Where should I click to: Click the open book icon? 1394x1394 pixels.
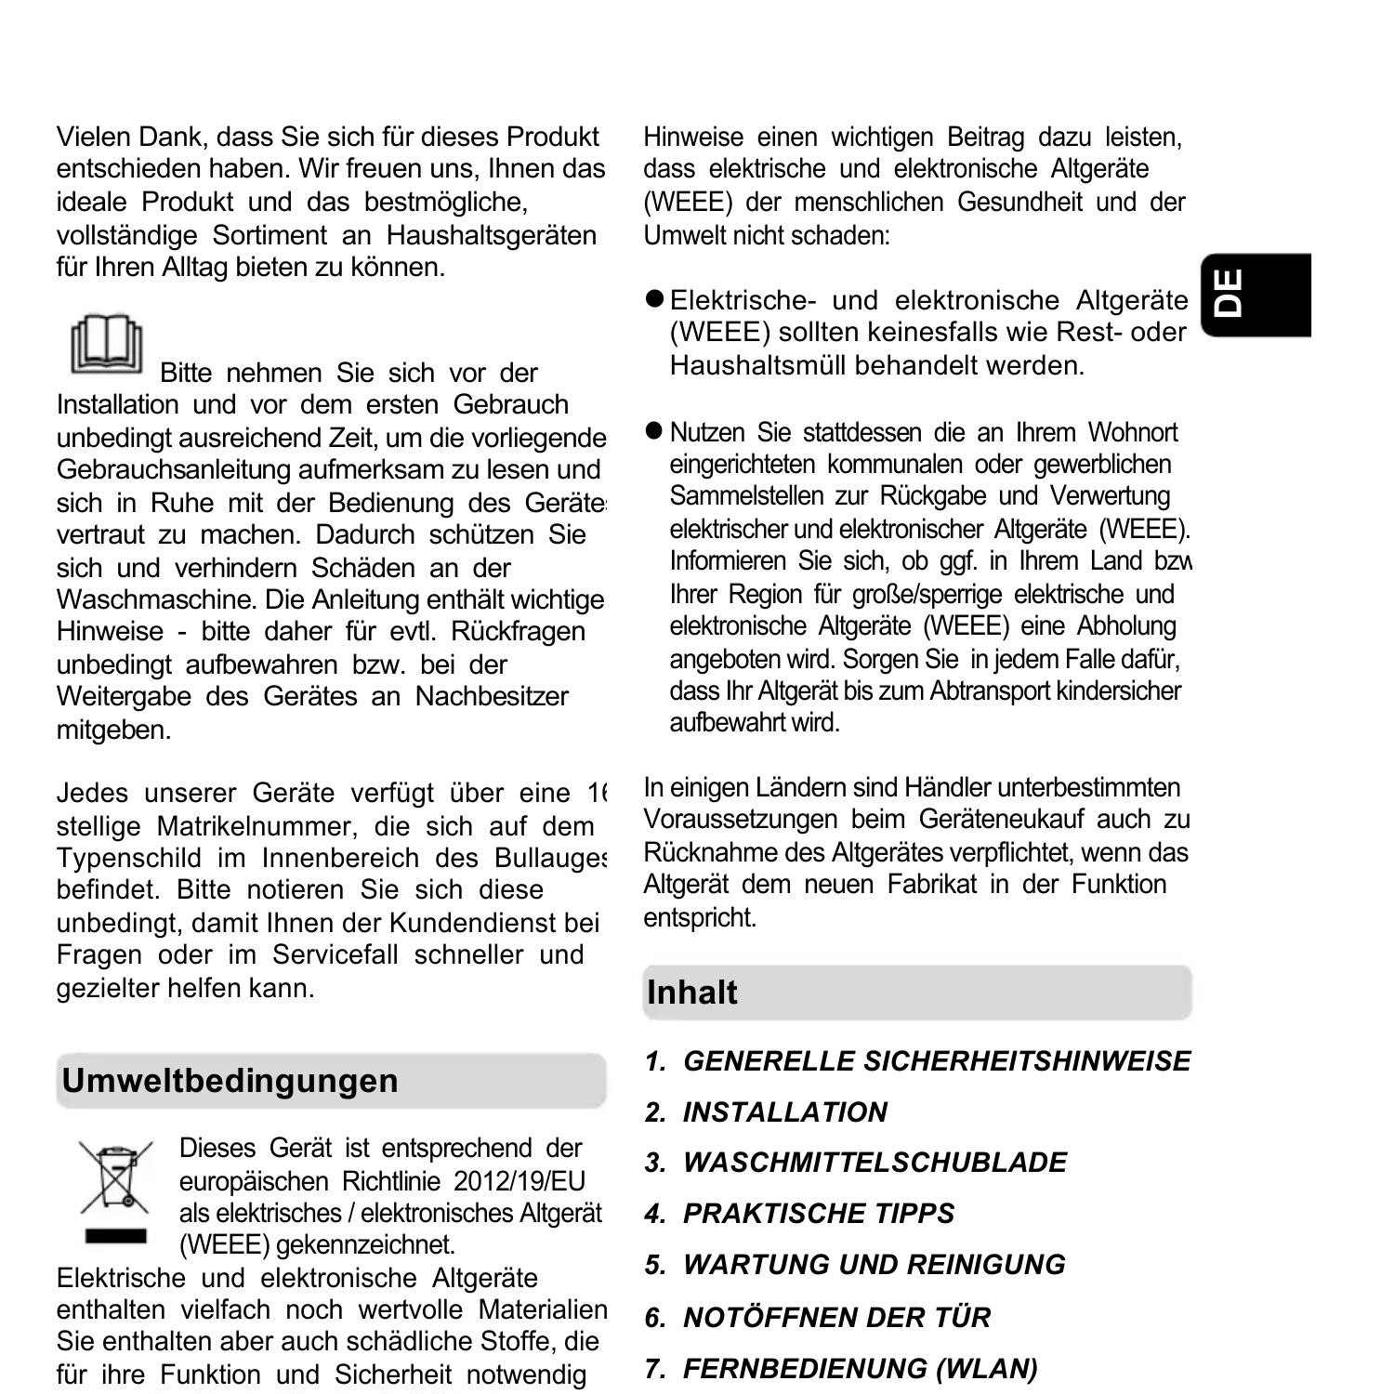pos(107,345)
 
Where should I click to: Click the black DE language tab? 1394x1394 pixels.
pos(1254,294)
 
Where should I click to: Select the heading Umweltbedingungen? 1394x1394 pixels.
pos(230,1081)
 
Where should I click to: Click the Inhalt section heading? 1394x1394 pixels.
pos(691,993)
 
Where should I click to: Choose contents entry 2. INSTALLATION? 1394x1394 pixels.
pos(766,1112)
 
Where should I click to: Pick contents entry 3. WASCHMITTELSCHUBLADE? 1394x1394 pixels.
pos(856,1163)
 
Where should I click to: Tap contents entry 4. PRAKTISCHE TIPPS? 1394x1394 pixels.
pos(799,1214)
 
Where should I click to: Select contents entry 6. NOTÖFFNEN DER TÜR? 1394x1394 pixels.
pos(818,1317)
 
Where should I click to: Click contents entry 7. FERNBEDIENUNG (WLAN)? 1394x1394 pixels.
pos(841,1368)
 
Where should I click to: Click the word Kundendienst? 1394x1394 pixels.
pos(473,923)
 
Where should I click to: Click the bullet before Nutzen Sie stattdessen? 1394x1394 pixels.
pos(654,431)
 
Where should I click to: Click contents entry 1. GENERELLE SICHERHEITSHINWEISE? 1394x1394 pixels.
pos(917,1061)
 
